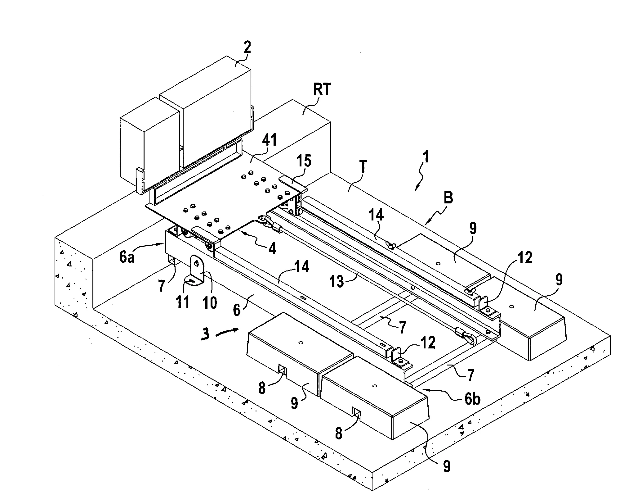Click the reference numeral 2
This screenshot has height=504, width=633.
[247, 48]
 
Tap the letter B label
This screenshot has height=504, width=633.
[449, 198]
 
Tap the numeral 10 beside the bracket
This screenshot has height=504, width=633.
[210, 302]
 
